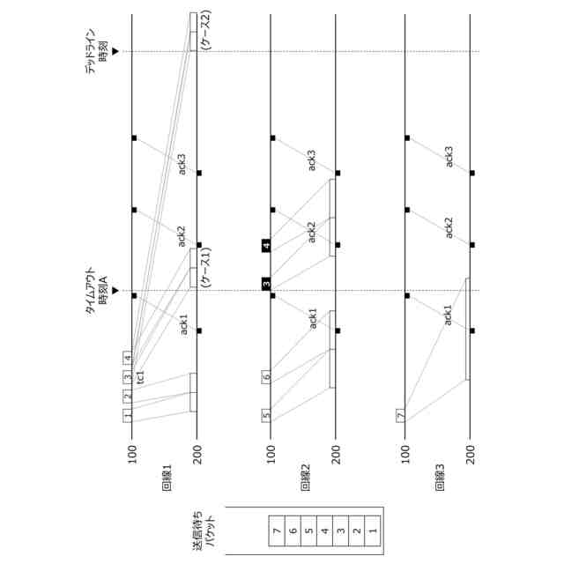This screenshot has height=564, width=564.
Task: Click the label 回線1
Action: point(167,476)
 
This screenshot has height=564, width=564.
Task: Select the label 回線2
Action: point(305,476)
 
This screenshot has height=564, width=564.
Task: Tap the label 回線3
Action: point(440,476)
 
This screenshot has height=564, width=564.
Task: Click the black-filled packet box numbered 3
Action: point(266,284)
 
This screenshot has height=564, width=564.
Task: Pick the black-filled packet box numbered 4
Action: point(266,246)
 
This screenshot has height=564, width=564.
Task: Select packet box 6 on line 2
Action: point(266,377)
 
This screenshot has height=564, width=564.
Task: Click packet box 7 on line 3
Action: point(401,414)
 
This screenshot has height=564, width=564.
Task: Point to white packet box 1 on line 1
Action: point(128,415)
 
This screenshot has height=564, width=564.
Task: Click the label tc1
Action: point(141,375)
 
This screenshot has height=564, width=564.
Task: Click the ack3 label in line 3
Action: point(449,157)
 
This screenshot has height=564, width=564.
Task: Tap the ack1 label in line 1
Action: point(183,323)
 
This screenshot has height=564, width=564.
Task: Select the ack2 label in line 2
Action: point(311,232)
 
